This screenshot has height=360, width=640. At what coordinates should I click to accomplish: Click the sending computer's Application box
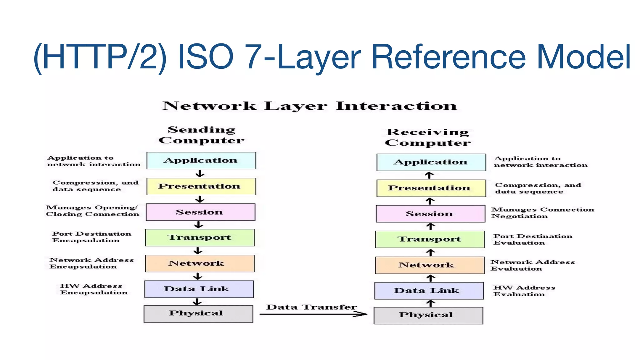click(201, 161)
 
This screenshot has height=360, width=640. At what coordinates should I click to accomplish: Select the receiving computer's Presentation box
click(431, 188)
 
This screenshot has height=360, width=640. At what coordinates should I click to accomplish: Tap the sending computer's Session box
click(200, 212)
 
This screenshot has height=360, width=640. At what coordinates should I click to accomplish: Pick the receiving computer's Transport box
click(430, 239)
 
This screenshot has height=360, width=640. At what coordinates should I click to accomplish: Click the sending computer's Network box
click(200, 263)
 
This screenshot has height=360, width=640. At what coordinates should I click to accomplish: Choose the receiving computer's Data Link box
click(429, 291)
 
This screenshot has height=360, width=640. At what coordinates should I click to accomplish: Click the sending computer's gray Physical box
click(198, 314)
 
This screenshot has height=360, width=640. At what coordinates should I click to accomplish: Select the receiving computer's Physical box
click(428, 316)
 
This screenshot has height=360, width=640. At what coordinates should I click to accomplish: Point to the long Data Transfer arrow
click(312, 314)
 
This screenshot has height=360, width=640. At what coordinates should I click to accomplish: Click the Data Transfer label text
click(311, 307)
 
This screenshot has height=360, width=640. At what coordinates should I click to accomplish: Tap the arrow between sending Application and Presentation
click(200, 174)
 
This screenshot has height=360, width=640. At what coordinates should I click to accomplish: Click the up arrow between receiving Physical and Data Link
click(431, 303)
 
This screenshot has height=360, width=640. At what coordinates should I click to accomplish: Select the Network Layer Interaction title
click(309, 106)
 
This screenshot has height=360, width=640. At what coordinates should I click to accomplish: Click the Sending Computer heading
click(202, 135)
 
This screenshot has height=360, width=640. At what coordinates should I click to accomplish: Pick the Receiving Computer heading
click(427, 137)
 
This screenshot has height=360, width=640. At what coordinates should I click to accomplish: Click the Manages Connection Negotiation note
click(542, 213)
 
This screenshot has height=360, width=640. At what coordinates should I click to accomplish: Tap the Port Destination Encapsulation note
click(91, 237)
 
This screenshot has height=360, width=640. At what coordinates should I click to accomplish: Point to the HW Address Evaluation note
click(524, 291)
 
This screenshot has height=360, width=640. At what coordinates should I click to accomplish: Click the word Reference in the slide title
click(449, 57)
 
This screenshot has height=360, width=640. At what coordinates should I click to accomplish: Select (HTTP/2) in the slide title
click(100, 57)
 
